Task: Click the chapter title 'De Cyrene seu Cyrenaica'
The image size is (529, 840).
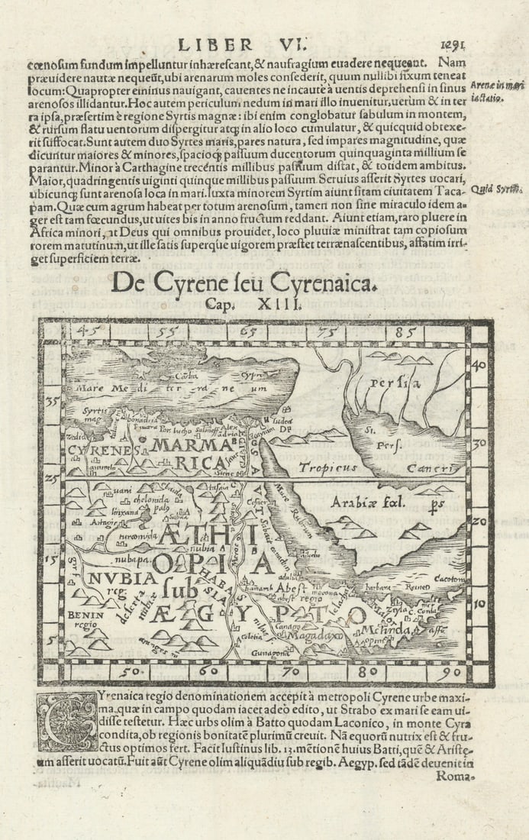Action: point(244,283)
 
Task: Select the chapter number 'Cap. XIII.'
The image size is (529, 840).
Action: point(246,304)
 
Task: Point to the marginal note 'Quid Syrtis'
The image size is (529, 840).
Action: point(492,189)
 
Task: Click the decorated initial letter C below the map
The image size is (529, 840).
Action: point(68,721)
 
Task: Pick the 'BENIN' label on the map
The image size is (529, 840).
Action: point(82,613)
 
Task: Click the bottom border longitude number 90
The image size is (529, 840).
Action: point(450,674)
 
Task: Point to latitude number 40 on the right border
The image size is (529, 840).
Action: point(480,366)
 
